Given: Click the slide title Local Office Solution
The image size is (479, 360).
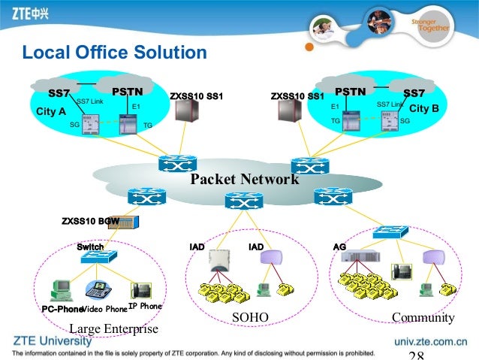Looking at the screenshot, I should click(113, 53).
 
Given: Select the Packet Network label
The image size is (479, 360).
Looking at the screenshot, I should click(244, 180).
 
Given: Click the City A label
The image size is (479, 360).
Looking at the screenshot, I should click(51, 111).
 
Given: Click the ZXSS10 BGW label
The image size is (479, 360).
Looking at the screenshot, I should click(90, 221).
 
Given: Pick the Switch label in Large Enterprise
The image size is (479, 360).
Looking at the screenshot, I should click(90, 247).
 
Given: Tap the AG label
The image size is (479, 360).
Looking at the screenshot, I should click(339, 247).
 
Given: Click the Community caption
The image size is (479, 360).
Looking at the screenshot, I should click(423, 319).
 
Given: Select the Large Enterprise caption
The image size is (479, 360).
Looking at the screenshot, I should click(113, 329).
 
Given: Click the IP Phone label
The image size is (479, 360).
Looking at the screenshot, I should click(145, 307).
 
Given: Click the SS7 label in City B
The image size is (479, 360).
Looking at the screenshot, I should click(414, 93).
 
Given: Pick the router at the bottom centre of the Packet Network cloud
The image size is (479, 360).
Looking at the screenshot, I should click(244, 201).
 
